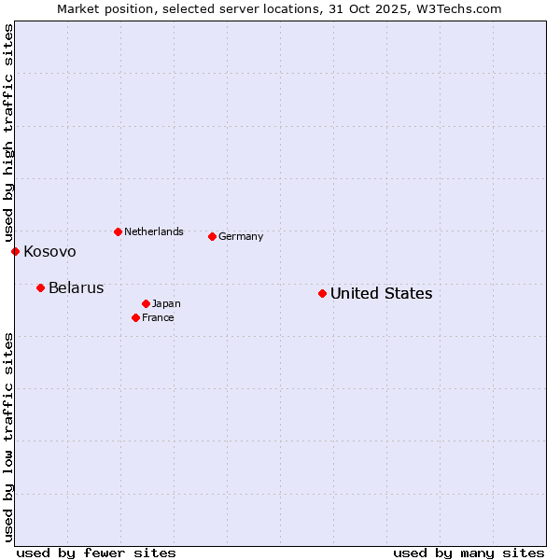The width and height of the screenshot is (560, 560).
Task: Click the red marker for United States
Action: pyautogui.click(x=322, y=293)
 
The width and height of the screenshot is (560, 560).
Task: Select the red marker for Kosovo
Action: pyautogui.click(x=15, y=251)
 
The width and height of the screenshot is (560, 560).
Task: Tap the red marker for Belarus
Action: pyautogui.click(x=40, y=287)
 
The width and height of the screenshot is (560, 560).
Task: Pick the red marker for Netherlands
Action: pyautogui.click(x=118, y=231)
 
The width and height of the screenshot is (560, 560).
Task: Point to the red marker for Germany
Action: pyautogui.click(x=212, y=236)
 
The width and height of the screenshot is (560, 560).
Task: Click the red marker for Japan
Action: pyautogui.click(x=146, y=303)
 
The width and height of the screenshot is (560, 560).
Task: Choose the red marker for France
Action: pyautogui.click(x=135, y=317)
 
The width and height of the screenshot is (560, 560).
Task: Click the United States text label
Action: pyautogui.click(x=381, y=294)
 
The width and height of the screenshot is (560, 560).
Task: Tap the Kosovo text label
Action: pyautogui.click(x=49, y=252)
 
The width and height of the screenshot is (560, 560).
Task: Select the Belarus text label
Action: pyautogui.click(x=76, y=288)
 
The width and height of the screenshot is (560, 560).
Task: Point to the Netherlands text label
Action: pyautogui.click(x=153, y=232)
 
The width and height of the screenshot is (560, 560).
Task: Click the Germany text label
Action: pyautogui.click(x=241, y=237)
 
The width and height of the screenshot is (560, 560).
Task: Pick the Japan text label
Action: pyautogui.click(x=166, y=304)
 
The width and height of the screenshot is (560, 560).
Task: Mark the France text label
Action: pyautogui.click(x=158, y=318)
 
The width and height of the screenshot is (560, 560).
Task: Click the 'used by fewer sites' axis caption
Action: pyautogui.click(x=96, y=553)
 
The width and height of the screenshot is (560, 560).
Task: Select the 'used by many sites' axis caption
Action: pyautogui.click(x=469, y=553)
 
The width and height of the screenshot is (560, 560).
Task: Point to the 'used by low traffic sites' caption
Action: pyautogui.click(x=8, y=437)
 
